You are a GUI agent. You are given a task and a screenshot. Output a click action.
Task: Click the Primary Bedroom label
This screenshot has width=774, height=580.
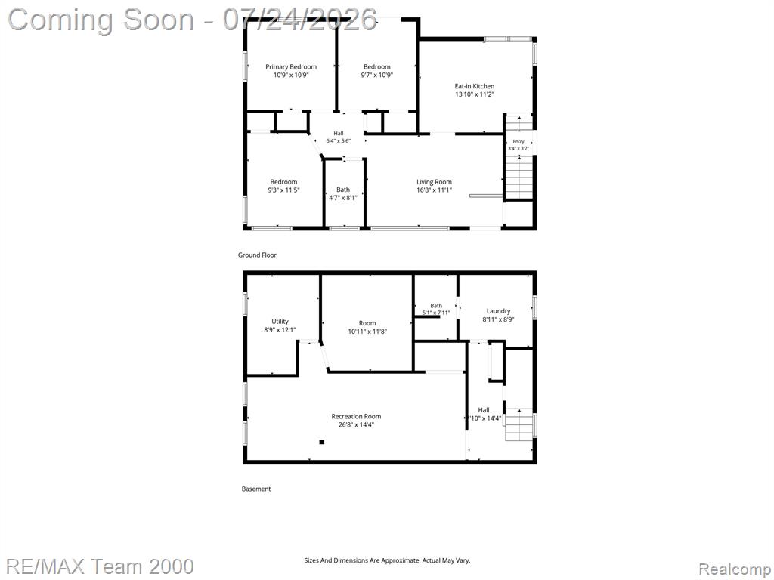click(291, 67)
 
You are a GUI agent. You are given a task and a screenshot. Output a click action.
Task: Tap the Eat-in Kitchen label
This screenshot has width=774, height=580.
click(475, 86)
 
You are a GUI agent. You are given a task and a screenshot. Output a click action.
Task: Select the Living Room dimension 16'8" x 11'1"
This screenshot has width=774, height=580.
click(434, 190)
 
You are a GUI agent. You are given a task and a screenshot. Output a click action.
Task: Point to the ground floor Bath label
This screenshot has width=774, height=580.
click(343, 190)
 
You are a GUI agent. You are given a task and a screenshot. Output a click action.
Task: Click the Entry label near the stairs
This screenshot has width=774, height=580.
click(519, 141)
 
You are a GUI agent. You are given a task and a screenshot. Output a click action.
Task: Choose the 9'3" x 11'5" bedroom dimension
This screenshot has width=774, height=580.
click(283, 190)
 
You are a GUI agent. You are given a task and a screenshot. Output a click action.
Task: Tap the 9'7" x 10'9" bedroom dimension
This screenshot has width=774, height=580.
click(376, 75)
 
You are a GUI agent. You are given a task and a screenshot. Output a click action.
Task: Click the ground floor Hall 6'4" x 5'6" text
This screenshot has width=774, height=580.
click(338, 137)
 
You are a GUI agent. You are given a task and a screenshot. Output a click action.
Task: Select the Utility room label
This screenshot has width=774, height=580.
click(280, 322)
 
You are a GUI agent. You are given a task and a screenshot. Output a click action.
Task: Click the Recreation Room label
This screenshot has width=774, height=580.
click(356, 416)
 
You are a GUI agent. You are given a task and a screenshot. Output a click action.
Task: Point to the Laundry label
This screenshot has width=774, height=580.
click(498, 311)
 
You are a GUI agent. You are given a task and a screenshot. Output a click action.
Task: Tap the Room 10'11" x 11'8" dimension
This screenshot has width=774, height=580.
click(367, 332)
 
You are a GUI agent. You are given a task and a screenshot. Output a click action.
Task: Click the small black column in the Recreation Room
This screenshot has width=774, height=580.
click(322, 442)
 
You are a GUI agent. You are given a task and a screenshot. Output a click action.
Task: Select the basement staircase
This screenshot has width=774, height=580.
click(519, 424)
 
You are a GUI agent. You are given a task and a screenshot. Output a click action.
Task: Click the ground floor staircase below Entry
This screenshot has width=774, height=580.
click(519, 177)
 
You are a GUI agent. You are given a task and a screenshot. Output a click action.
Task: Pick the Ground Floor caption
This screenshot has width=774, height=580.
click(257, 255)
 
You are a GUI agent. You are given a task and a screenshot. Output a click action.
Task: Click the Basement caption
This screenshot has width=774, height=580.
click(256, 489)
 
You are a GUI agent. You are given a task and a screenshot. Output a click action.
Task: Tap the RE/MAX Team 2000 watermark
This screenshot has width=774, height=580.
click(101, 566)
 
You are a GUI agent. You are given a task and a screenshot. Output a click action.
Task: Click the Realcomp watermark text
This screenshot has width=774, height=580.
click(735, 569)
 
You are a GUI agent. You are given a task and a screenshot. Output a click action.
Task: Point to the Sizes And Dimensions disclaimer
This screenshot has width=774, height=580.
click(387, 560)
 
